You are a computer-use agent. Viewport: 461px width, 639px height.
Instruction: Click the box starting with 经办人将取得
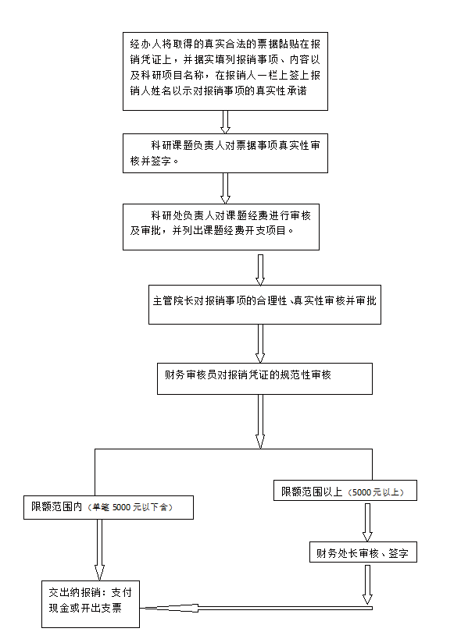pyautogui.click(x=225, y=71)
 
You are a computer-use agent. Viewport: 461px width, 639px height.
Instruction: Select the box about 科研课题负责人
pyautogui.click(x=225, y=153)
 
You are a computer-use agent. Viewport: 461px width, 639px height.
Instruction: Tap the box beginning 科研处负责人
pyautogui.click(x=220, y=227)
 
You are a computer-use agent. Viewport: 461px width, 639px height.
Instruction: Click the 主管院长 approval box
pyautogui.click(x=265, y=304)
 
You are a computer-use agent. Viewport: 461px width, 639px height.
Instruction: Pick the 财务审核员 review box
pyautogui.click(x=265, y=378)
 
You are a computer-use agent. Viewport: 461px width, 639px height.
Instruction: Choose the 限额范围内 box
pyautogui.click(x=109, y=507)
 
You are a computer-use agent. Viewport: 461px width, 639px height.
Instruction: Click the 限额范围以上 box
pyautogui.click(x=345, y=490)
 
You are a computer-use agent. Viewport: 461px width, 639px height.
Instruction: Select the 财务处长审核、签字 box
pyautogui.click(x=363, y=552)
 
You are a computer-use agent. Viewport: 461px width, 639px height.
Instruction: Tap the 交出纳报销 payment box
pyautogui.click(x=91, y=604)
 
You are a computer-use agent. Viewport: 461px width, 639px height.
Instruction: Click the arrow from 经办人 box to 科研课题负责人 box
pyautogui.click(x=225, y=122)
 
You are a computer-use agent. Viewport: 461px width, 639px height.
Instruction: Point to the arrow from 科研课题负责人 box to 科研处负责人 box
pyautogui.click(x=225, y=188)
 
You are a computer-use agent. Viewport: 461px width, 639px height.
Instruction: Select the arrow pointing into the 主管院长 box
pyautogui.click(x=260, y=270)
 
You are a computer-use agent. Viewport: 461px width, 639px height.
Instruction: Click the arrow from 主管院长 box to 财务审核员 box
pyautogui.click(x=260, y=343)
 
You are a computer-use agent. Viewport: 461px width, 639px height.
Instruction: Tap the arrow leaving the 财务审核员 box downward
pyautogui.click(x=260, y=421)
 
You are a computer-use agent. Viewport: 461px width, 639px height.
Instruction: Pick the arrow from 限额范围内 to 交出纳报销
pyautogui.click(x=99, y=550)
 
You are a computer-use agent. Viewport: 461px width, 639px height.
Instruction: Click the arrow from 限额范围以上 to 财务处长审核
pyautogui.click(x=367, y=523)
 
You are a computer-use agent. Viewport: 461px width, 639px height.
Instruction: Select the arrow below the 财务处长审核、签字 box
pyautogui.click(x=367, y=584)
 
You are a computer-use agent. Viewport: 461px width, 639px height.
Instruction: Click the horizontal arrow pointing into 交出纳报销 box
pyautogui.click(x=256, y=608)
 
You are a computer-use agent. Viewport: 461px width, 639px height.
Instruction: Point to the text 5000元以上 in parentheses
pyautogui.click(x=376, y=492)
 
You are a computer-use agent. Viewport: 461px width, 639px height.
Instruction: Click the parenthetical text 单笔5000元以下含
pyautogui.click(x=130, y=507)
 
